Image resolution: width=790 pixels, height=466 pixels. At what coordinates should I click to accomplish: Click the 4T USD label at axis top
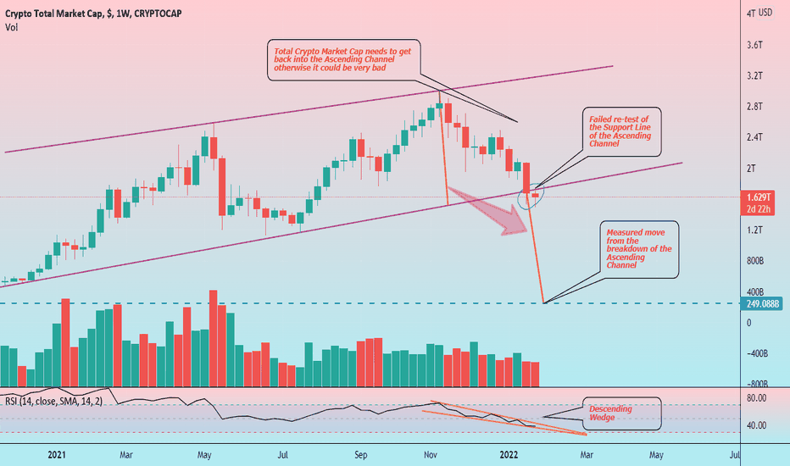(759, 14)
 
